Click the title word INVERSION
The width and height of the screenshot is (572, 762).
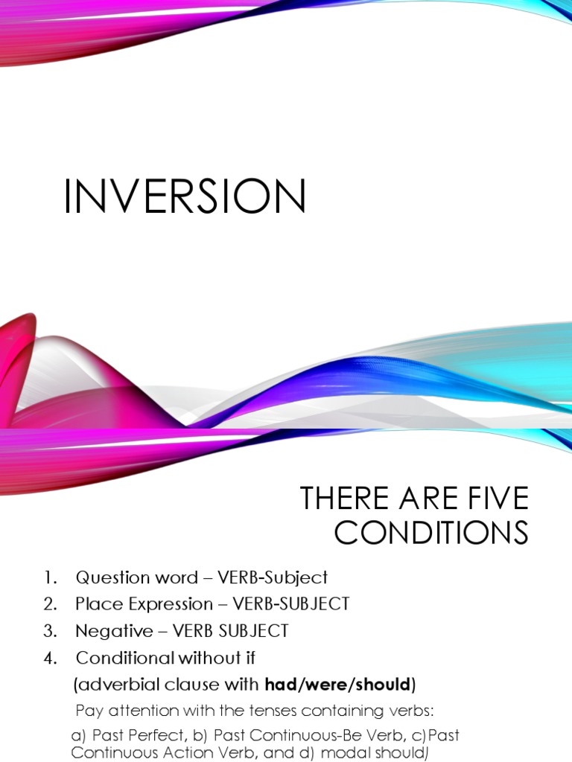pos(185,197)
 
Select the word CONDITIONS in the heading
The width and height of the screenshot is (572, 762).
pos(430,533)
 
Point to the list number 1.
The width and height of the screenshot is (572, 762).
pos(49,577)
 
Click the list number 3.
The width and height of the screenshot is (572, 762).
pos(49,631)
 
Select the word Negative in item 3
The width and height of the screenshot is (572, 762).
pos(107,631)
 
